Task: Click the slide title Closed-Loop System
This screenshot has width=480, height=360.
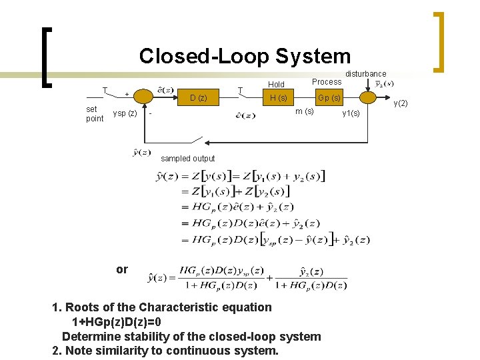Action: (245, 56)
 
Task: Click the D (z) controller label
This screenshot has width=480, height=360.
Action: (198, 99)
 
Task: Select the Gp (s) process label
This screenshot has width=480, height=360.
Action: (329, 99)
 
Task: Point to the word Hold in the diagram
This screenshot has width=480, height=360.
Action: (276, 85)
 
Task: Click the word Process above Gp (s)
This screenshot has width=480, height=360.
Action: (327, 82)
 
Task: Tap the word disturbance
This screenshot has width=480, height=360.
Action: (365, 73)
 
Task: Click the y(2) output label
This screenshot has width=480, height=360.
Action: (401, 103)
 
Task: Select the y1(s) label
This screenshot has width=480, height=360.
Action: (351, 113)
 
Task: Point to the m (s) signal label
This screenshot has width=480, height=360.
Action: (305, 111)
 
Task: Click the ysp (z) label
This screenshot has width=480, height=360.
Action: (125, 113)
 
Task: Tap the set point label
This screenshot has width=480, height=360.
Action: (95, 113)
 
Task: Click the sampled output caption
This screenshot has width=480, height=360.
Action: (188, 159)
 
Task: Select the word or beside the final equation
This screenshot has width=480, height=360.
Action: (121, 269)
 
